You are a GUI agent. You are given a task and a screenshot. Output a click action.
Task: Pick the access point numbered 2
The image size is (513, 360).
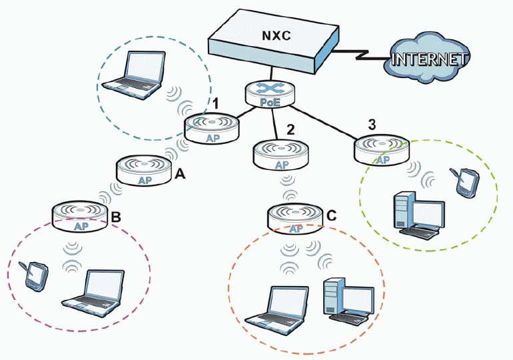click(280, 155)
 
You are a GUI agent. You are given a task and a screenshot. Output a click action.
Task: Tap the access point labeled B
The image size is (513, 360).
click(79, 217)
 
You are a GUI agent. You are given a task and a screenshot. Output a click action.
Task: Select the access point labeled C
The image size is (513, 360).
click(295, 219)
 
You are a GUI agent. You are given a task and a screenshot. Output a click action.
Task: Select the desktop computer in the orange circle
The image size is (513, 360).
click(346, 300)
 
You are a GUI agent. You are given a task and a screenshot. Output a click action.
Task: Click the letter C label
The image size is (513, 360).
click(332, 215)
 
